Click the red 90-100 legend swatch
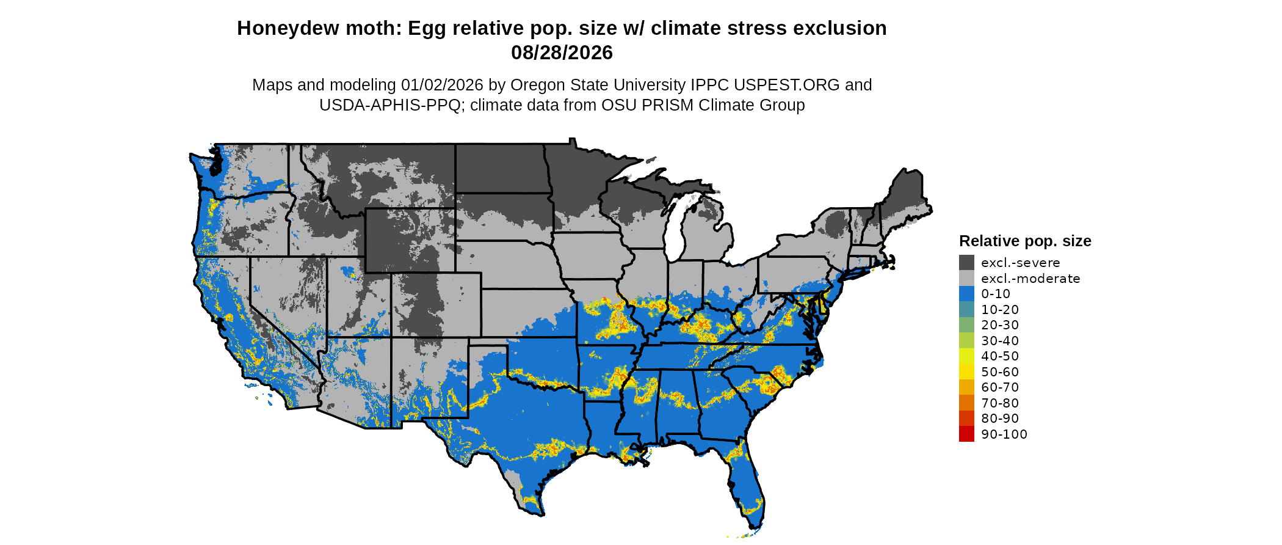[x=966, y=434]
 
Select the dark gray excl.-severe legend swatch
[x=966, y=263]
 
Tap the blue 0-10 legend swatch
[x=966, y=294]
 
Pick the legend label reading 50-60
[x=1000, y=371]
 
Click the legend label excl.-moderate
[x=1030, y=279]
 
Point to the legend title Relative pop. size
[x=1025, y=241]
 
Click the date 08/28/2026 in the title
[x=562, y=53]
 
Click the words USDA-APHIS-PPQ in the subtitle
[x=389, y=105]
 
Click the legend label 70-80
[x=1000, y=403]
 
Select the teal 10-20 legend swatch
[x=966, y=309]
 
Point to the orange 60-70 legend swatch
[x=966, y=387]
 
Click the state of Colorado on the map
[x=436, y=305]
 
